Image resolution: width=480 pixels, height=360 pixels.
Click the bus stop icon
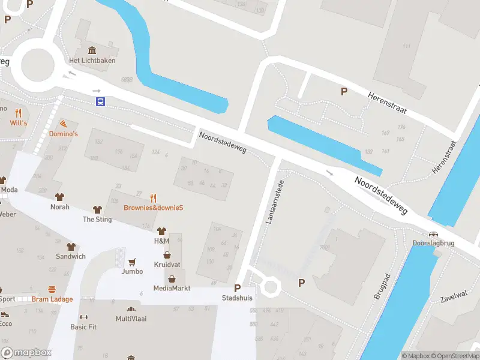coord(100,101)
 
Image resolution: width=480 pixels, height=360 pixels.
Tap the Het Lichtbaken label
coord(92,61)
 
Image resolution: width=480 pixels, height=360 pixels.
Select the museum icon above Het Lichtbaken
coord(92,50)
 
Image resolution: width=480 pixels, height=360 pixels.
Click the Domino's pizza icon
coord(63,123)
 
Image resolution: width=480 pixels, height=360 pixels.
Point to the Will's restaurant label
coord(19,123)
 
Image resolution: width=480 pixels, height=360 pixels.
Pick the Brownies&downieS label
coord(153,208)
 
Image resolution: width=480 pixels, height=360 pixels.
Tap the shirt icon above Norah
coord(59,196)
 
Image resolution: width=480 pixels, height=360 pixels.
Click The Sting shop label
coord(97,220)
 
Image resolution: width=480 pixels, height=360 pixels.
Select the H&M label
coord(161,241)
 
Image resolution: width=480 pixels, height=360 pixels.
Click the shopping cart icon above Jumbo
coord(132,262)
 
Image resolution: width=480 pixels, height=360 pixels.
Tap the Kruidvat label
coord(167,265)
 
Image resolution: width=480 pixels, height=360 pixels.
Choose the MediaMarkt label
coord(172,288)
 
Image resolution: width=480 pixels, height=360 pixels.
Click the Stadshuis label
coord(237,298)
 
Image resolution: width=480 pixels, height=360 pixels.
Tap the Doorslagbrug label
coord(433,244)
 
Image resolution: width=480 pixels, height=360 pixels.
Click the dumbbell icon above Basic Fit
coord(83,317)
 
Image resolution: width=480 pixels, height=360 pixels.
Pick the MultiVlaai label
coord(131,319)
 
